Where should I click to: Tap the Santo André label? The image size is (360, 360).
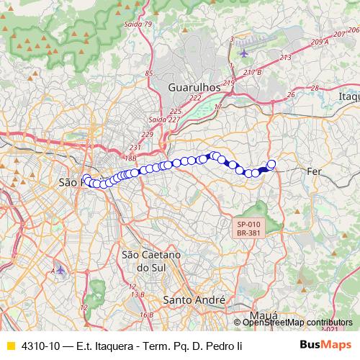tap(194, 300)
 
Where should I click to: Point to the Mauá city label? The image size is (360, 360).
tap(264, 315)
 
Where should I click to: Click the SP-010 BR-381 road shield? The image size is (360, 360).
tap(248, 228)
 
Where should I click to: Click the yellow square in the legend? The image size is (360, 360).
tap(10, 346)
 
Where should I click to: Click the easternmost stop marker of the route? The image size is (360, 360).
tap(271, 164)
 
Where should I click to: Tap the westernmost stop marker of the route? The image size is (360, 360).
tap(86, 179)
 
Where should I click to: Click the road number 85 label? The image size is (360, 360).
tap(149, 73)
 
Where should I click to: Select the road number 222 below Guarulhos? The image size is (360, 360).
tap(194, 98)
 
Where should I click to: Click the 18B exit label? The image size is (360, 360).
tap(130, 157)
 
